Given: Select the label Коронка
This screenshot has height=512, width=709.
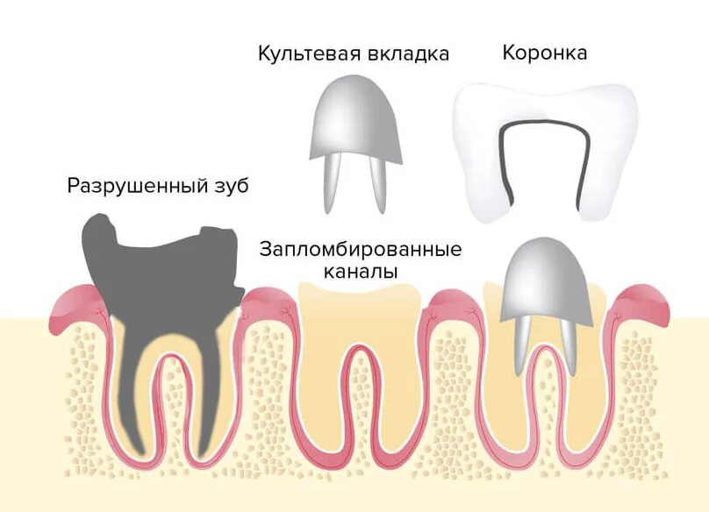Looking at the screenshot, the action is [x=544, y=53].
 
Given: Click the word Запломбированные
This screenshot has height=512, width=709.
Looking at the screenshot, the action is [x=361, y=249].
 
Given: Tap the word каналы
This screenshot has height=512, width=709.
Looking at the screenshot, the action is [x=361, y=272].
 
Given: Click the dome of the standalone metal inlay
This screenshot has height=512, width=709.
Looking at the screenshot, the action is [x=354, y=118].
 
